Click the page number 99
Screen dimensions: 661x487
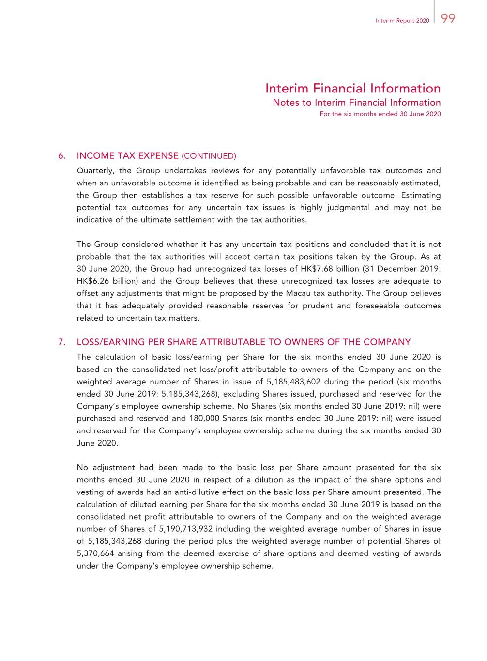point(448,19)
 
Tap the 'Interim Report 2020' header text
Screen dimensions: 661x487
point(402,21)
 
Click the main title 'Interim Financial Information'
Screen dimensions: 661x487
point(353,88)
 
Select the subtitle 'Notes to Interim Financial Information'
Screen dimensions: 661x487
point(357,103)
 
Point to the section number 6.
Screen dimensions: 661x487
point(61,156)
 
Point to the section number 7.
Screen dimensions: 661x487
point(61,342)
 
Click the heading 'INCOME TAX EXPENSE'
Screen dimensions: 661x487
point(128,156)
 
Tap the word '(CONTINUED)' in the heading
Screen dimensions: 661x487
point(209,156)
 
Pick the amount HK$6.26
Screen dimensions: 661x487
point(93,281)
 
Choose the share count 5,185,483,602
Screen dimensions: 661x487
point(293,382)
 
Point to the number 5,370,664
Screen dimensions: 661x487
point(95,553)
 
